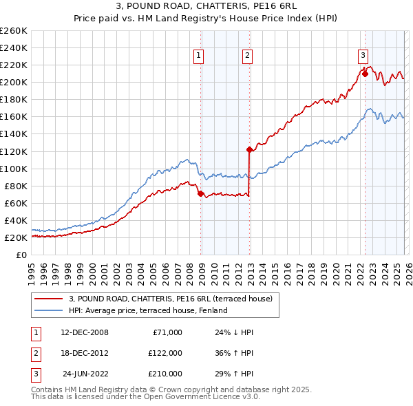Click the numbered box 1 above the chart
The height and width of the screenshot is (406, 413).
pos(198,56)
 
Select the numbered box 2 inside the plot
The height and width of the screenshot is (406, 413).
pos(246,56)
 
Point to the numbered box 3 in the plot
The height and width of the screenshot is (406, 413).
pos(362,56)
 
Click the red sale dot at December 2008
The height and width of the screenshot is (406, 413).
pos(200,194)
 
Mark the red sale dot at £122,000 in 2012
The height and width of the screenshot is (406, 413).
pos(249,149)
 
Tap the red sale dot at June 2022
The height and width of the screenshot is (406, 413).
pos(364,74)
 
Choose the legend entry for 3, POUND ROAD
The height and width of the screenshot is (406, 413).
pos(171,299)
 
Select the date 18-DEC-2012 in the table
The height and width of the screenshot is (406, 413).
pos(85,353)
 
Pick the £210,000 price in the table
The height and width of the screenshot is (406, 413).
pos(165,374)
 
